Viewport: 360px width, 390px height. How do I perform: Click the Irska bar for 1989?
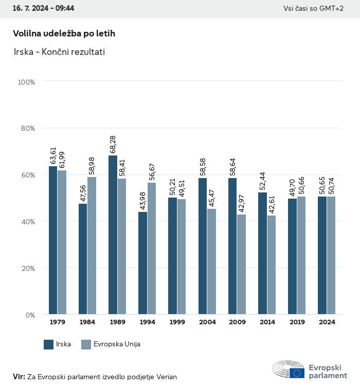click(113, 235)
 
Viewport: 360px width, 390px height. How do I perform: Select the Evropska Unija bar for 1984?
click(92, 245)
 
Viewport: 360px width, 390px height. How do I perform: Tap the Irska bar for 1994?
click(142, 263)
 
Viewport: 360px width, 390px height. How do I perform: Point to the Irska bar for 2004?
click(203, 246)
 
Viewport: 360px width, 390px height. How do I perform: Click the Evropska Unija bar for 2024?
click(331, 255)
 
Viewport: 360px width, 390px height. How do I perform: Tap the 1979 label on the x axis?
click(58, 322)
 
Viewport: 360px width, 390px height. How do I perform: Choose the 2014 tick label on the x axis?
click(267, 322)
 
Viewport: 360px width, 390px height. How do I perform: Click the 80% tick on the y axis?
click(27, 128)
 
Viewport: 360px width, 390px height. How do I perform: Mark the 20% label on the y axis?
click(27, 268)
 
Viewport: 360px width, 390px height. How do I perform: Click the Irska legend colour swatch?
click(49, 344)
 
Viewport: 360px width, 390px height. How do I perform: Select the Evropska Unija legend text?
click(117, 344)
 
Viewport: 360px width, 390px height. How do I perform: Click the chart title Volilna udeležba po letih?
click(64, 33)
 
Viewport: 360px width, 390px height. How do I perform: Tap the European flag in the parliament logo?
click(297, 373)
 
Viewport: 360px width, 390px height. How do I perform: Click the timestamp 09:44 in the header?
click(64, 8)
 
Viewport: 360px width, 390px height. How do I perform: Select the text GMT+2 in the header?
click(332, 8)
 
